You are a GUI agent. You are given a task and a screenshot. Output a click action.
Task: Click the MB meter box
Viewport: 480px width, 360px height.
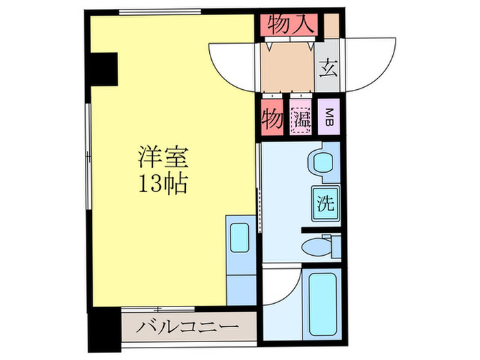tap(330, 119)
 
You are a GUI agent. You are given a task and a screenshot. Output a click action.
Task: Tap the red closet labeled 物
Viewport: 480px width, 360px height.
tap(272, 119)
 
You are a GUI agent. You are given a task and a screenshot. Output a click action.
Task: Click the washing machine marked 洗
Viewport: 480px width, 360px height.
tap(325, 203)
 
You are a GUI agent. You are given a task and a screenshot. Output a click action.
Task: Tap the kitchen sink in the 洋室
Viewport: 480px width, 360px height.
tap(240, 237)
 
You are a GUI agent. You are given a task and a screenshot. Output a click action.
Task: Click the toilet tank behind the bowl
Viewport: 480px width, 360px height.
tap(334, 245)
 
